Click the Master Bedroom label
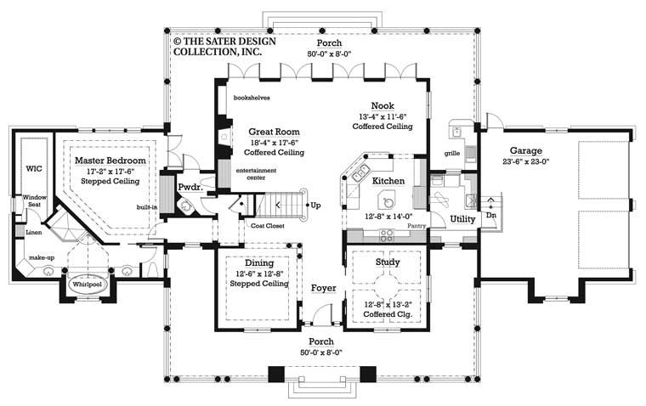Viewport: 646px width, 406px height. [110, 161]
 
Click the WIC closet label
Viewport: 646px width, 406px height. [33, 169]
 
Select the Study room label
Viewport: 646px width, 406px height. [387, 263]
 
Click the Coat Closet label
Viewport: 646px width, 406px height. [269, 225]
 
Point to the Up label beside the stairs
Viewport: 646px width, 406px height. [316, 206]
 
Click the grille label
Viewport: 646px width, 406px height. [452, 154]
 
